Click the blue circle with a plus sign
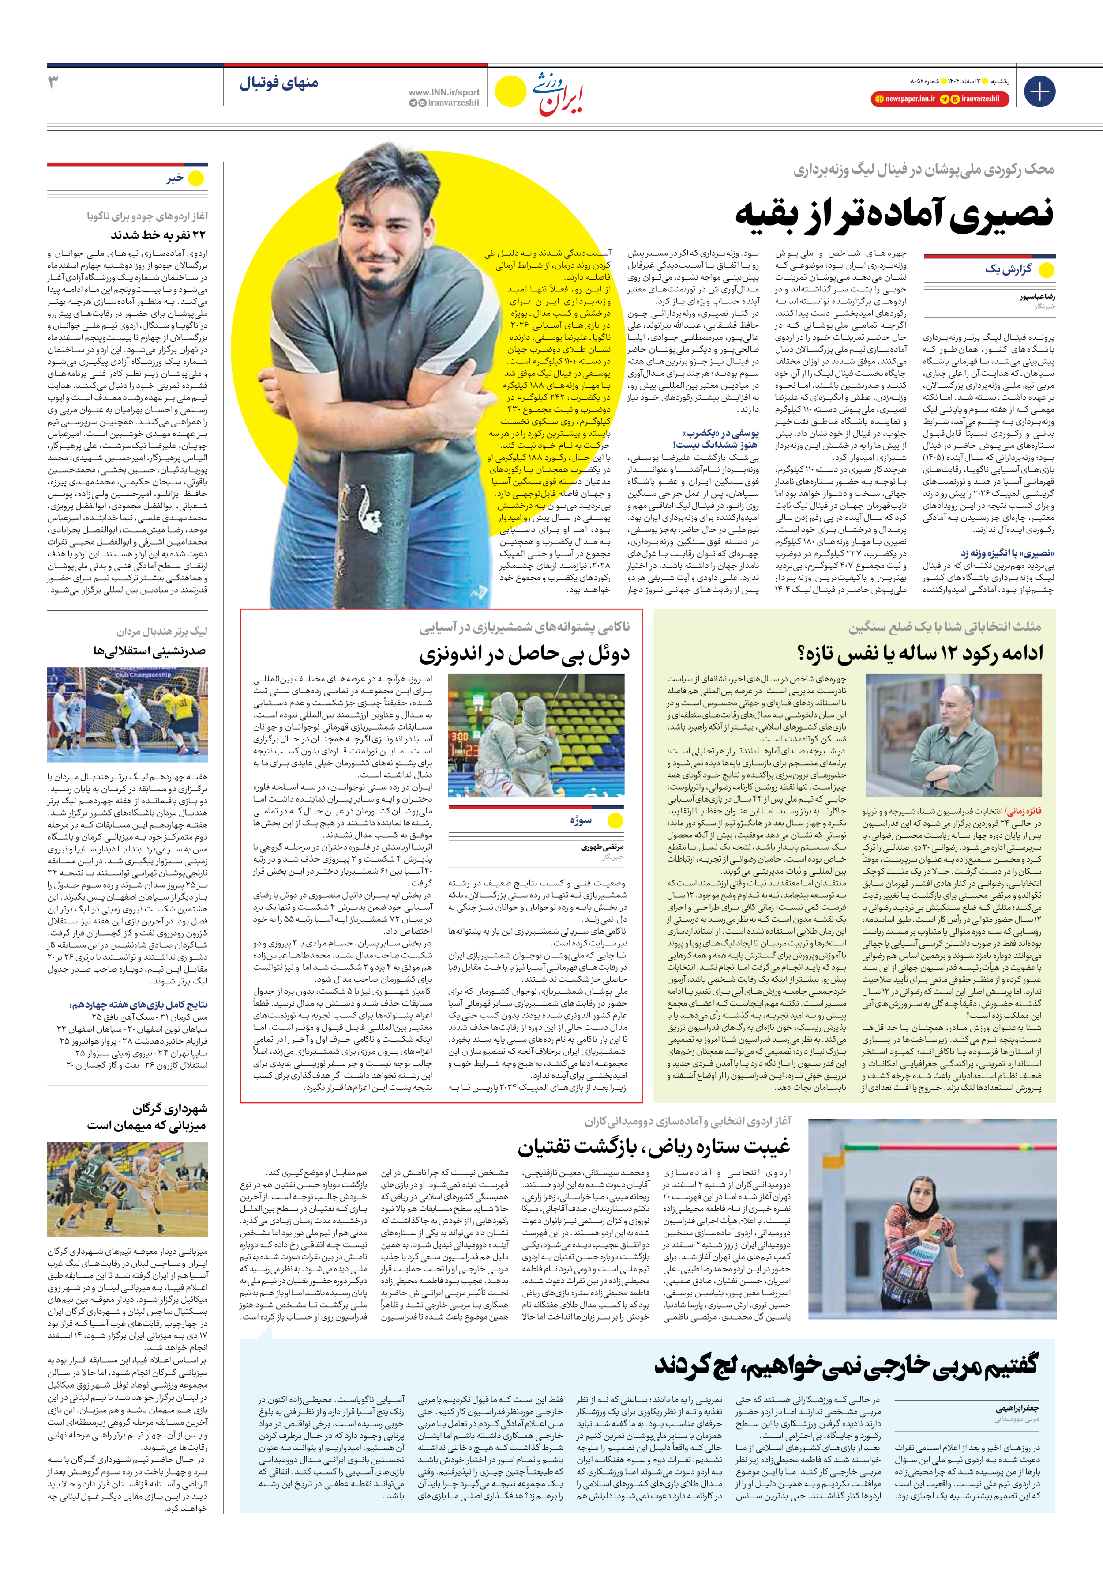1039,91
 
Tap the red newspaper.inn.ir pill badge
904,99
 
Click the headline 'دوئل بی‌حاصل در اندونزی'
525,653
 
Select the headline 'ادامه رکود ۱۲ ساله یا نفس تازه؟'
920,653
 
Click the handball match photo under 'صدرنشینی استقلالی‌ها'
127,715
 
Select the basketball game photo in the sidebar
127,1188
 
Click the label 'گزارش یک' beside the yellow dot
1008,270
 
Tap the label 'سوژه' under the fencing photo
580,820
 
